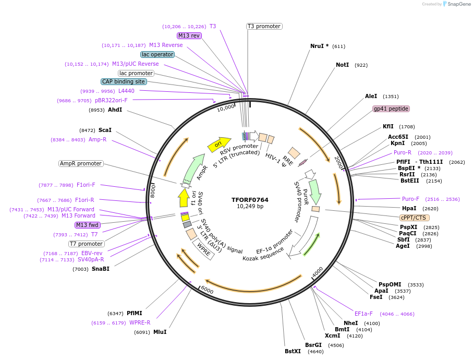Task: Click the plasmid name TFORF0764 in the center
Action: coord(250,199)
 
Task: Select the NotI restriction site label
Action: coord(342,65)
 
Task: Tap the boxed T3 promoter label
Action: coord(264,26)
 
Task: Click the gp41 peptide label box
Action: coord(391,109)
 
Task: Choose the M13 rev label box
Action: coord(189,35)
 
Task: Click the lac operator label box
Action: coord(157,54)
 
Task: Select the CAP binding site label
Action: coord(124,81)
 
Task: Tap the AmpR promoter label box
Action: coord(81,163)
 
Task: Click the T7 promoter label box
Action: coord(87,244)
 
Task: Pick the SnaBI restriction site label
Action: coord(100,269)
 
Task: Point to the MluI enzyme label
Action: coord(160,332)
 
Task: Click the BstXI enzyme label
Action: coord(293,351)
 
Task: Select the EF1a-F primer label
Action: coord(363,314)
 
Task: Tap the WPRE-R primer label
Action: coord(140,322)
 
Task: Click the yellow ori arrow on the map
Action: coord(219,145)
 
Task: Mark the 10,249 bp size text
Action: coord(250,207)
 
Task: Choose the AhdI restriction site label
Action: coord(115,110)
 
